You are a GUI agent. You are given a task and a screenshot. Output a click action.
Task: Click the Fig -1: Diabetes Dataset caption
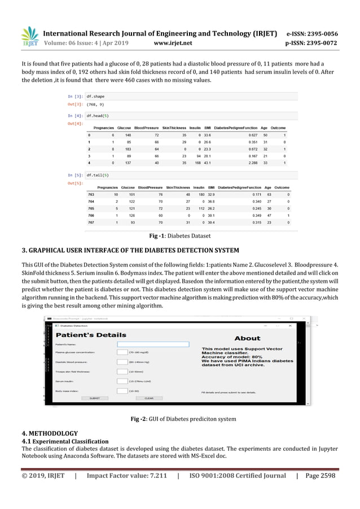pos(179,236)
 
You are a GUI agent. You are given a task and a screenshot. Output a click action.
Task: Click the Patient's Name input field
pos(152,344)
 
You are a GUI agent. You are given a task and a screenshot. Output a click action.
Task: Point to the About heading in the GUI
pos(247,339)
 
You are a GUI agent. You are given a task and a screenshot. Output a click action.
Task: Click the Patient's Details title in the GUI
pos(91,335)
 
